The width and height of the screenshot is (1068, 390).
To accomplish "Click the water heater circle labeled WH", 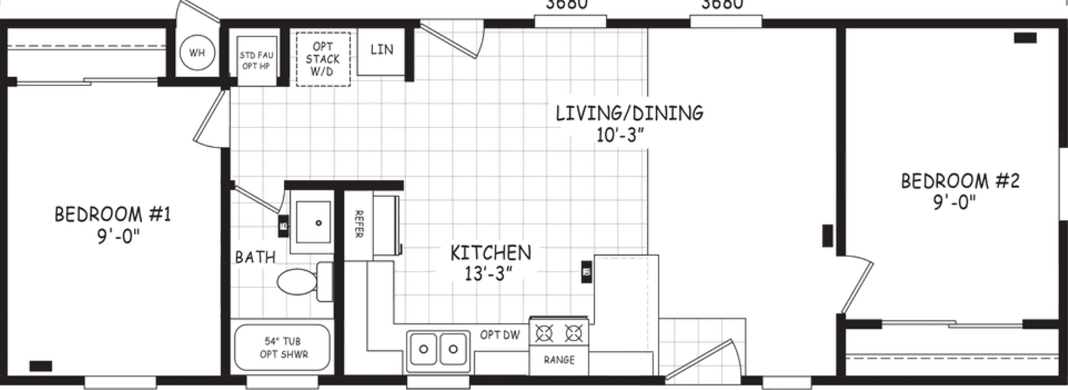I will [x=197, y=53].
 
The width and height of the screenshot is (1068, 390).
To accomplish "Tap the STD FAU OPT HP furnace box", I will [x=257, y=60].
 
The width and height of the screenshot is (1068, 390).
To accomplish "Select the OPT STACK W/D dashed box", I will [x=322, y=59].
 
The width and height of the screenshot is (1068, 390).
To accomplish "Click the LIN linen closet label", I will [x=381, y=50].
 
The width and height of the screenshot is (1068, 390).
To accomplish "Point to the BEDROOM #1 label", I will [x=113, y=214].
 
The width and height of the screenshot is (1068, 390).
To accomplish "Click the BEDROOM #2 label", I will [x=960, y=181].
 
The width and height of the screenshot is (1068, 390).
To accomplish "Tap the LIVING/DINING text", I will [x=629, y=112].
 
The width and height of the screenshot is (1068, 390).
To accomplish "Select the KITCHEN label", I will [x=491, y=253].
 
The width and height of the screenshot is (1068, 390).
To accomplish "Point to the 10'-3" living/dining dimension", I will [x=620, y=134].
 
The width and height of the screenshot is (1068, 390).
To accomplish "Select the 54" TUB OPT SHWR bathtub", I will [x=283, y=348].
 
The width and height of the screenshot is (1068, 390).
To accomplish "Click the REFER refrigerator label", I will [x=358, y=224].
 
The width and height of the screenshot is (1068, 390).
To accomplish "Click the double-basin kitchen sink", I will [x=438, y=349].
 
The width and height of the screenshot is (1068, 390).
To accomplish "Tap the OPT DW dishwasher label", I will [x=500, y=335].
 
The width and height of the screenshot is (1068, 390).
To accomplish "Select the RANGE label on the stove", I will [x=559, y=360].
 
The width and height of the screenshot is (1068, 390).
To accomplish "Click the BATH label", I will [x=255, y=257].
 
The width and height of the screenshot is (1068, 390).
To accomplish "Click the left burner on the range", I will [x=544, y=334].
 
